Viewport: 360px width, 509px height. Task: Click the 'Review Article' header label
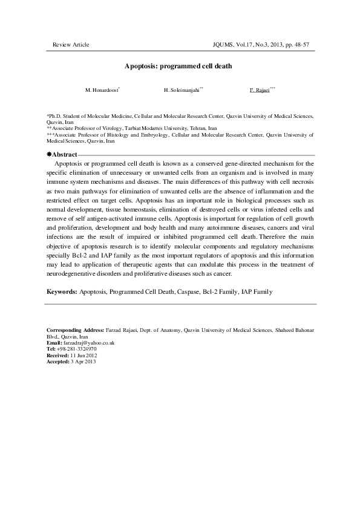[71, 45]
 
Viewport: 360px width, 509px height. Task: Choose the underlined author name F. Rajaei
[260, 90]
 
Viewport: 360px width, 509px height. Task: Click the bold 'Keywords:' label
[62, 291]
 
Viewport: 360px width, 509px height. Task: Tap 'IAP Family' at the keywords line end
[257, 291]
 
